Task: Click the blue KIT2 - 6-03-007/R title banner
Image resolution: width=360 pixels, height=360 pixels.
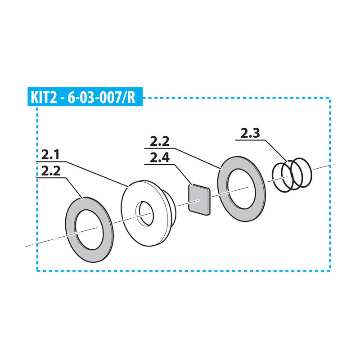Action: click(x=85, y=97)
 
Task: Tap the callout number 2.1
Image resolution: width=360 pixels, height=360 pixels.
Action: click(x=50, y=154)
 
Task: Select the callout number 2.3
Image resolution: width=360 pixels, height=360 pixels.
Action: click(x=250, y=133)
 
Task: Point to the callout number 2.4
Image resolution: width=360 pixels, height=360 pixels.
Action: click(x=160, y=158)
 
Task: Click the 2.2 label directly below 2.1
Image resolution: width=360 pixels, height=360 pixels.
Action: click(x=51, y=171)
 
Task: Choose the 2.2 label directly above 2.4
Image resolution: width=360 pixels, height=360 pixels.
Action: click(x=160, y=141)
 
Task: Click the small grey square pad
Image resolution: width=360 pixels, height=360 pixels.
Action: click(x=199, y=200)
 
